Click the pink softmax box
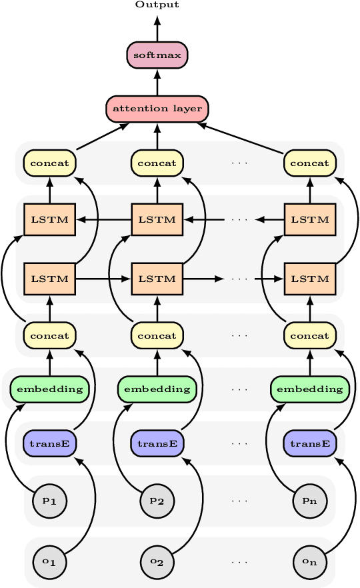157,55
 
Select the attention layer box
157,109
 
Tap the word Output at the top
157,5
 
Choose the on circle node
309,562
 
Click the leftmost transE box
50,443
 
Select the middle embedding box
157,389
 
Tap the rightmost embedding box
309,389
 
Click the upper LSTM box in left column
50,219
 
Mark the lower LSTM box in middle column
157,279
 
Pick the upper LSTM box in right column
309,219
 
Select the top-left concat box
50,163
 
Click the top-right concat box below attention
309,163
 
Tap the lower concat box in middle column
157,335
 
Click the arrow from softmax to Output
157,29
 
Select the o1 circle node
50,562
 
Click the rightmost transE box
309,443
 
